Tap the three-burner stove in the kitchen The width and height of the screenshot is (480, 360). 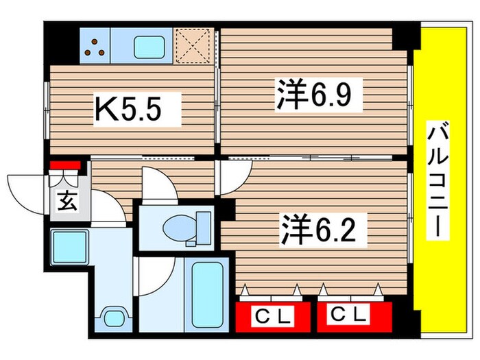[x=95, y=45]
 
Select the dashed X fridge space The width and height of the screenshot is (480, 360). [x=193, y=45]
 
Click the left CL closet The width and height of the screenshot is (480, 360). [x=272, y=316]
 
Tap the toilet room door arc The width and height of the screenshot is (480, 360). [x=159, y=184]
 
